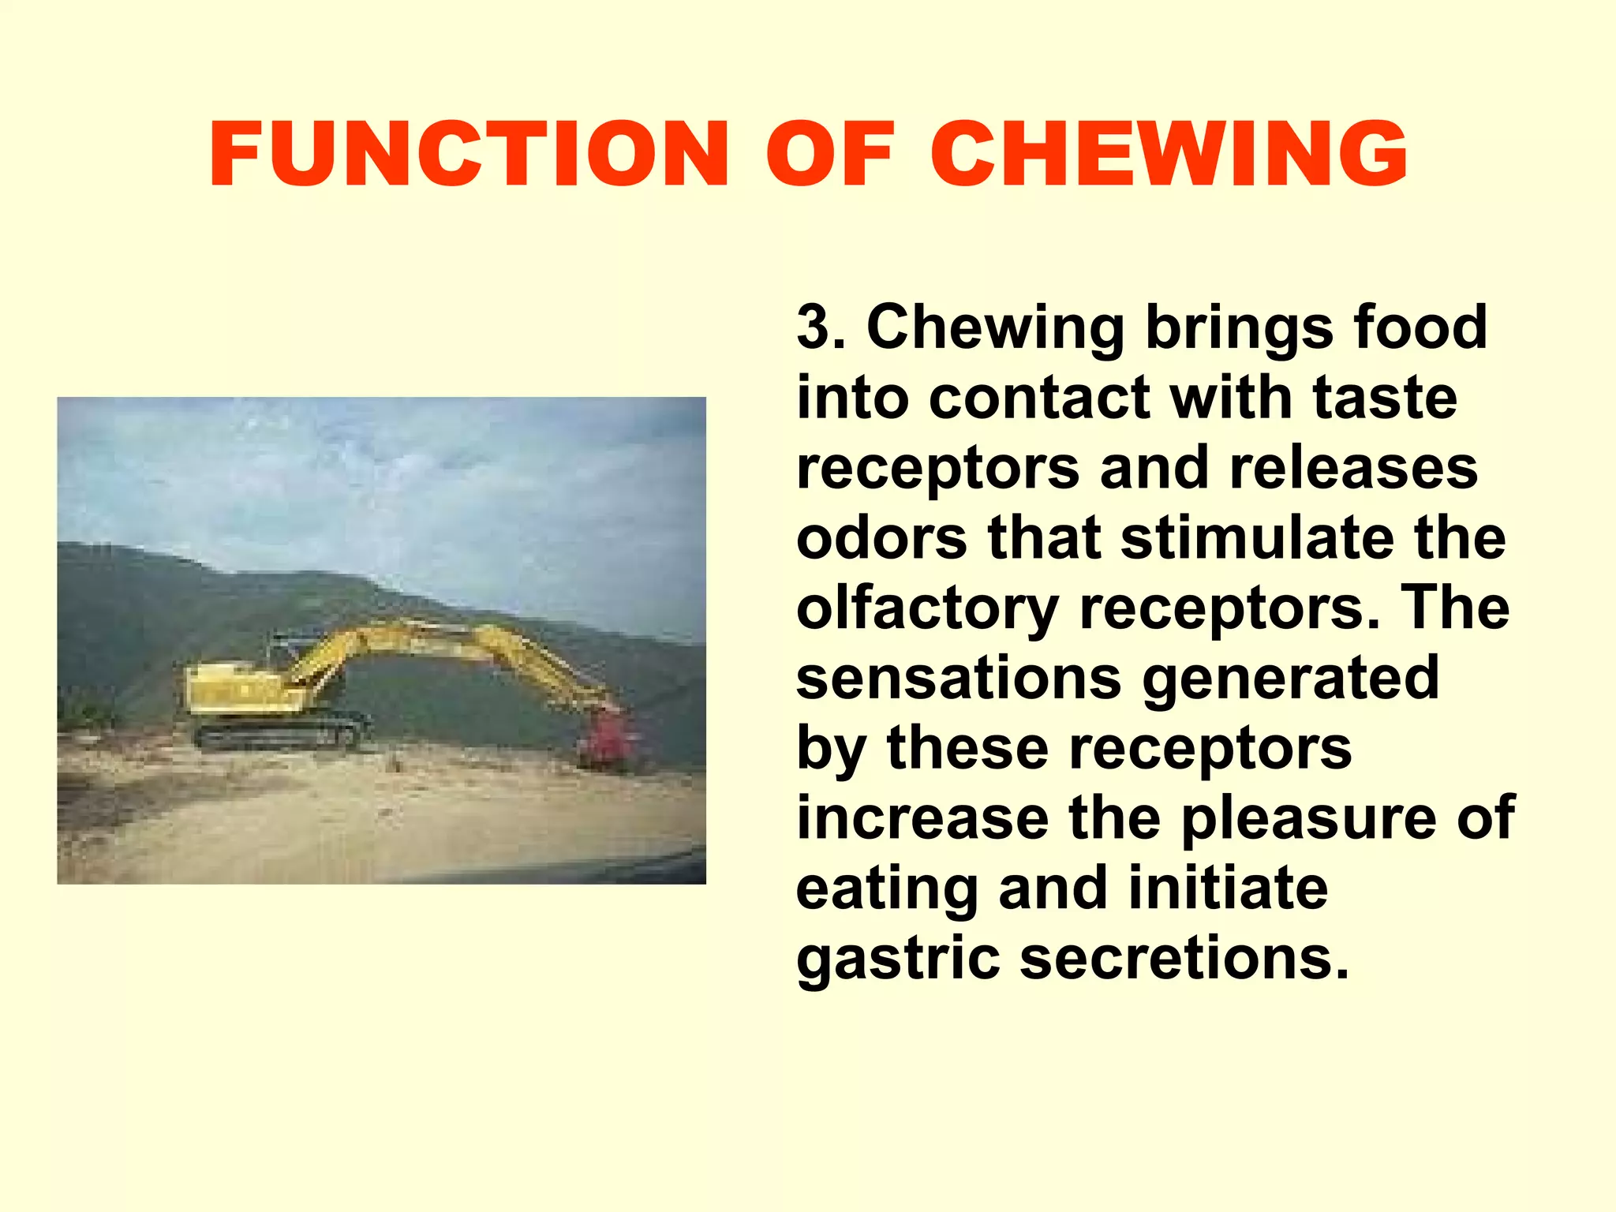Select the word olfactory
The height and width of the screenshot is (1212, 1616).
[927, 609]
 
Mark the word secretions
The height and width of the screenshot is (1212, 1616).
[1184, 959]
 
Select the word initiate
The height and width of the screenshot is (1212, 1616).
[1228, 888]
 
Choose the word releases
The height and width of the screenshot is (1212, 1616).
[1353, 468]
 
